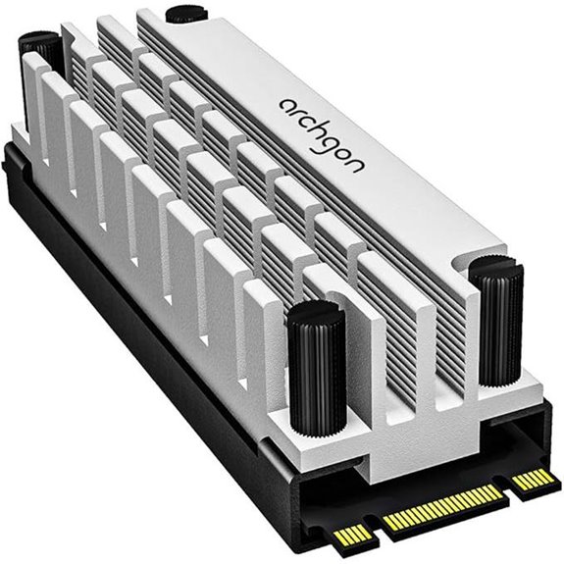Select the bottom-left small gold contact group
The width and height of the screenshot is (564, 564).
[x=351, y=535]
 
